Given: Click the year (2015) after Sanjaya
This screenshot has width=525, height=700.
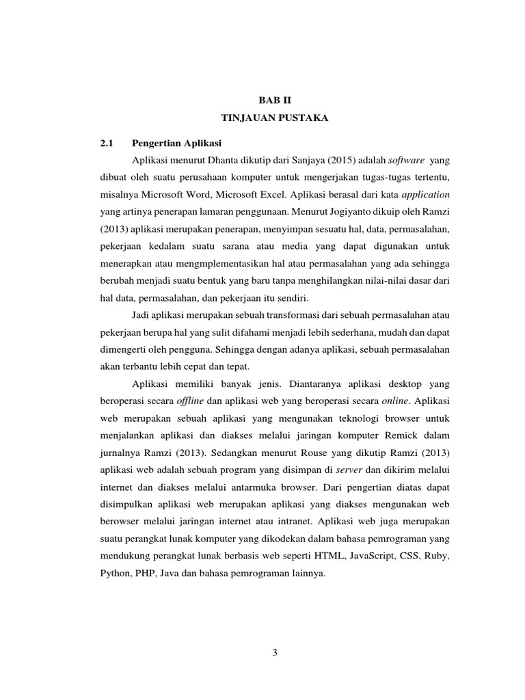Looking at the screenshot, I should (x=332, y=159).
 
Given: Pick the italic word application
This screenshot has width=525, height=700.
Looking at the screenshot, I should (x=425, y=195).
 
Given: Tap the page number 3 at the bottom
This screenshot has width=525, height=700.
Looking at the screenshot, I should (x=275, y=652).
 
